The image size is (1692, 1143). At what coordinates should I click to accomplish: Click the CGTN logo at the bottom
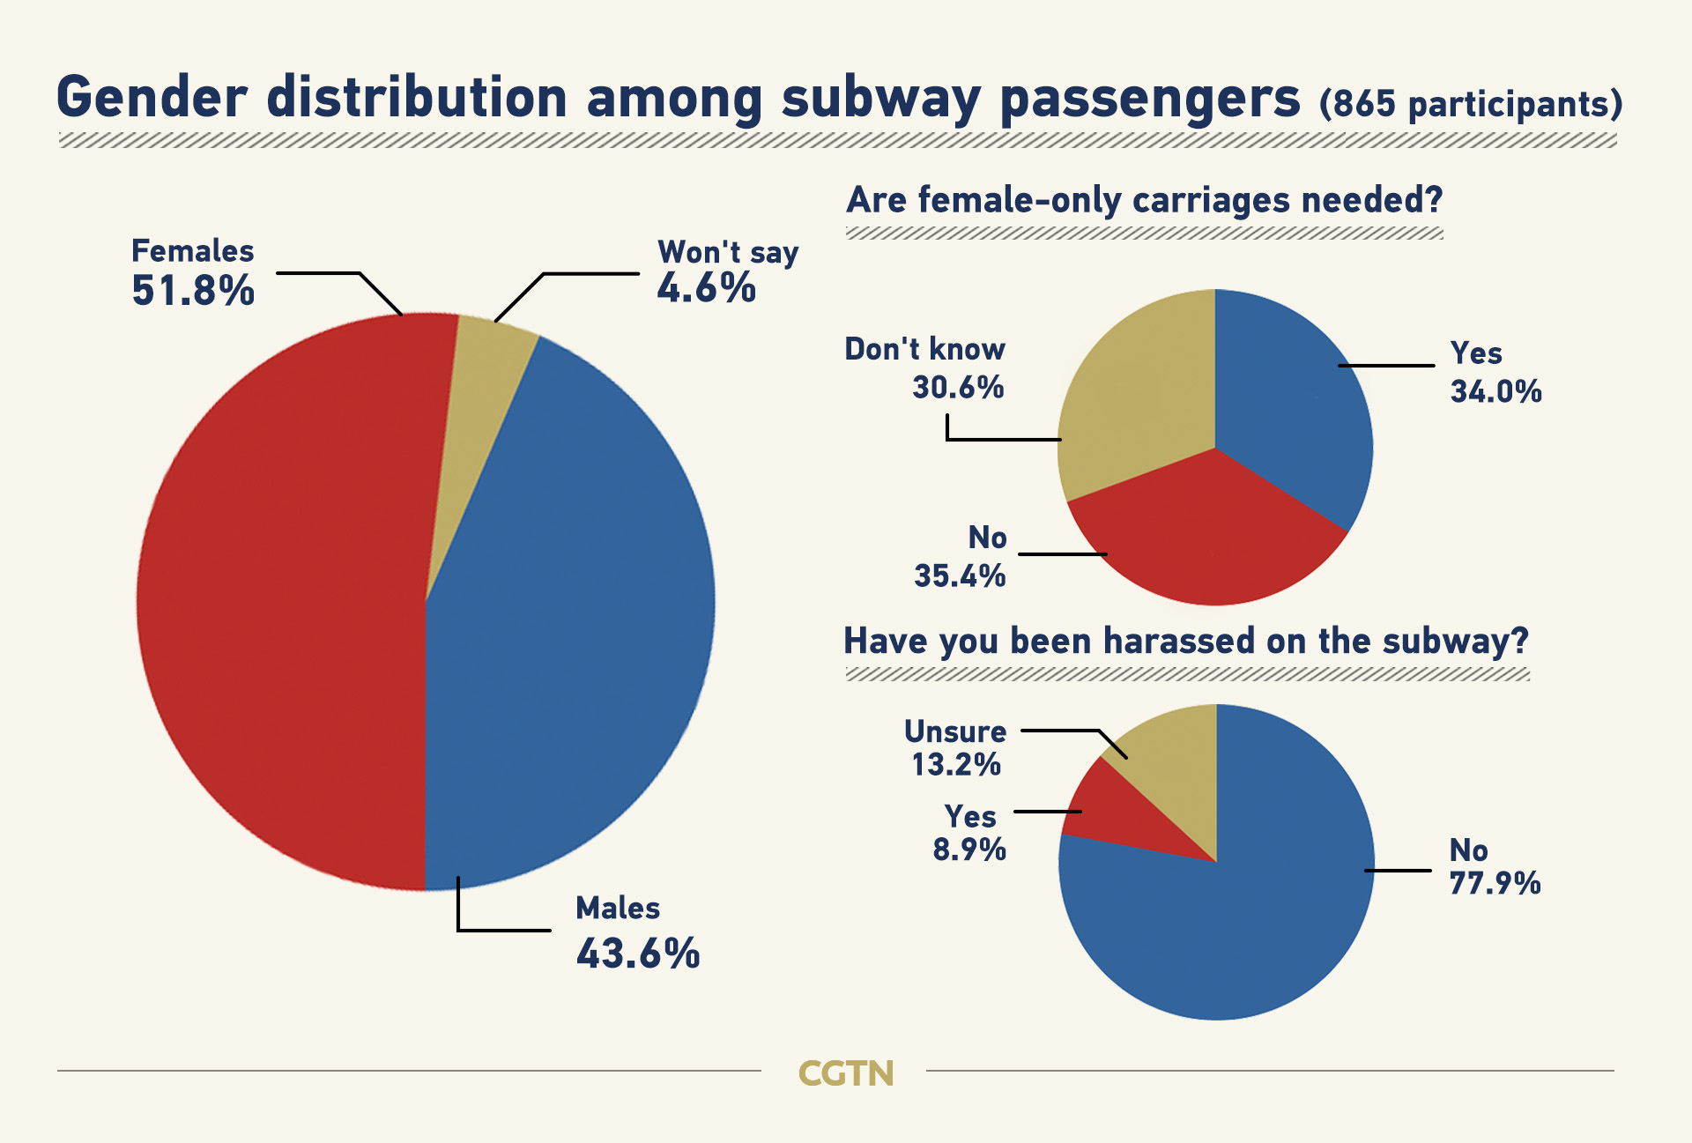(845, 1073)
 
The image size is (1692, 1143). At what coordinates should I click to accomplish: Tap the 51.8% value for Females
(193, 291)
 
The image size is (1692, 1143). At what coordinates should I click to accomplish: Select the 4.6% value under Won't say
(706, 288)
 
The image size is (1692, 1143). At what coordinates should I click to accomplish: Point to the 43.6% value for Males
(638, 954)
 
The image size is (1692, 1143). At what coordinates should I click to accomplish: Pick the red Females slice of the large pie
(282, 599)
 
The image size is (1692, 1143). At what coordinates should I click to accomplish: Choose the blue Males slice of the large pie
(573, 617)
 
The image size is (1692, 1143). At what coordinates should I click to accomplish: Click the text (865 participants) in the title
(1470, 104)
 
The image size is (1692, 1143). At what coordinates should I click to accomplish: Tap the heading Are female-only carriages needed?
(1144, 200)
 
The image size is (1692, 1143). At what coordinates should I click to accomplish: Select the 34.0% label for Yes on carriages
(1495, 391)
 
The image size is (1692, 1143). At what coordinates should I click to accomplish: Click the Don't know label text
(924, 349)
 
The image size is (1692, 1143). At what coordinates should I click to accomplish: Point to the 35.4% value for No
(960, 576)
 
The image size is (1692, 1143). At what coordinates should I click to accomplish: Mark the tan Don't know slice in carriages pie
(1137, 405)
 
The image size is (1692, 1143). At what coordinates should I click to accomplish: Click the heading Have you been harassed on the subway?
(1185, 641)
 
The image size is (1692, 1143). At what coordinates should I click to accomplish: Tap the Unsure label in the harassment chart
(955, 731)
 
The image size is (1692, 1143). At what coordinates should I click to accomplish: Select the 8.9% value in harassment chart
(969, 850)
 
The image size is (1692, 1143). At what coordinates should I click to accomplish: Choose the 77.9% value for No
(1495, 883)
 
